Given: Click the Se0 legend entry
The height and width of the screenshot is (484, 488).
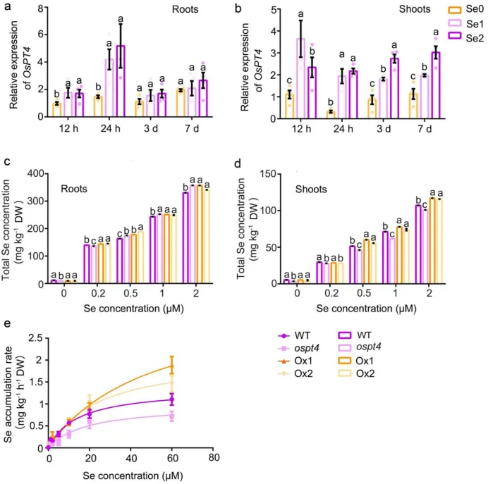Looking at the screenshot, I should pos(458,11).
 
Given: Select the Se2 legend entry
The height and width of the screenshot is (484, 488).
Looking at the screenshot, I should pos(458,36).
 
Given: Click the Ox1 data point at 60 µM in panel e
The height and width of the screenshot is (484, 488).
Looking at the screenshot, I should pos(173,365).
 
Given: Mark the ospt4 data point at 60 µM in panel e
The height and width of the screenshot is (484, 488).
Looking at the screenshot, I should pos(173,415).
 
